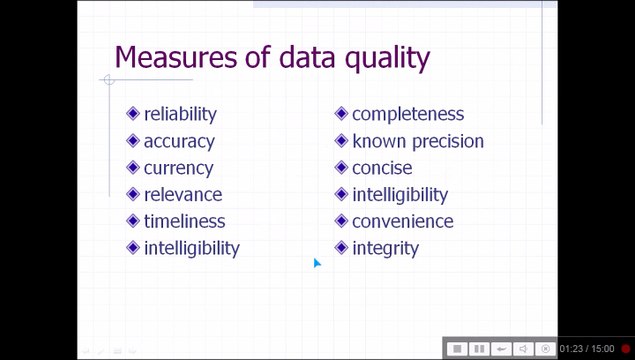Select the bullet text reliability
(x=180, y=114)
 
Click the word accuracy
(x=178, y=141)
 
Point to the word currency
(x=178, y=168)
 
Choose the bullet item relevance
(x=183, y=194)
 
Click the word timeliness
(x=184, y=221)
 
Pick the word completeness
(x=408, y=114)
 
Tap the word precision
(x=447, y=141)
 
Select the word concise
(x=382, y=168)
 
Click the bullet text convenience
(x=402, y=221)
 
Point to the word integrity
(x=385, y=248)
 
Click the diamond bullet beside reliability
(x=134, y=114)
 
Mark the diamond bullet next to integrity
(x=342, y=248)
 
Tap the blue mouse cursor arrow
(x=317, y=263)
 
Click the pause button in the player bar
(x=479, y=348)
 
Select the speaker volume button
(x=523, y=348)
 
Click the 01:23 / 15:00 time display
(x=587, y=349)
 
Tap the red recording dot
(x=626, y=349)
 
